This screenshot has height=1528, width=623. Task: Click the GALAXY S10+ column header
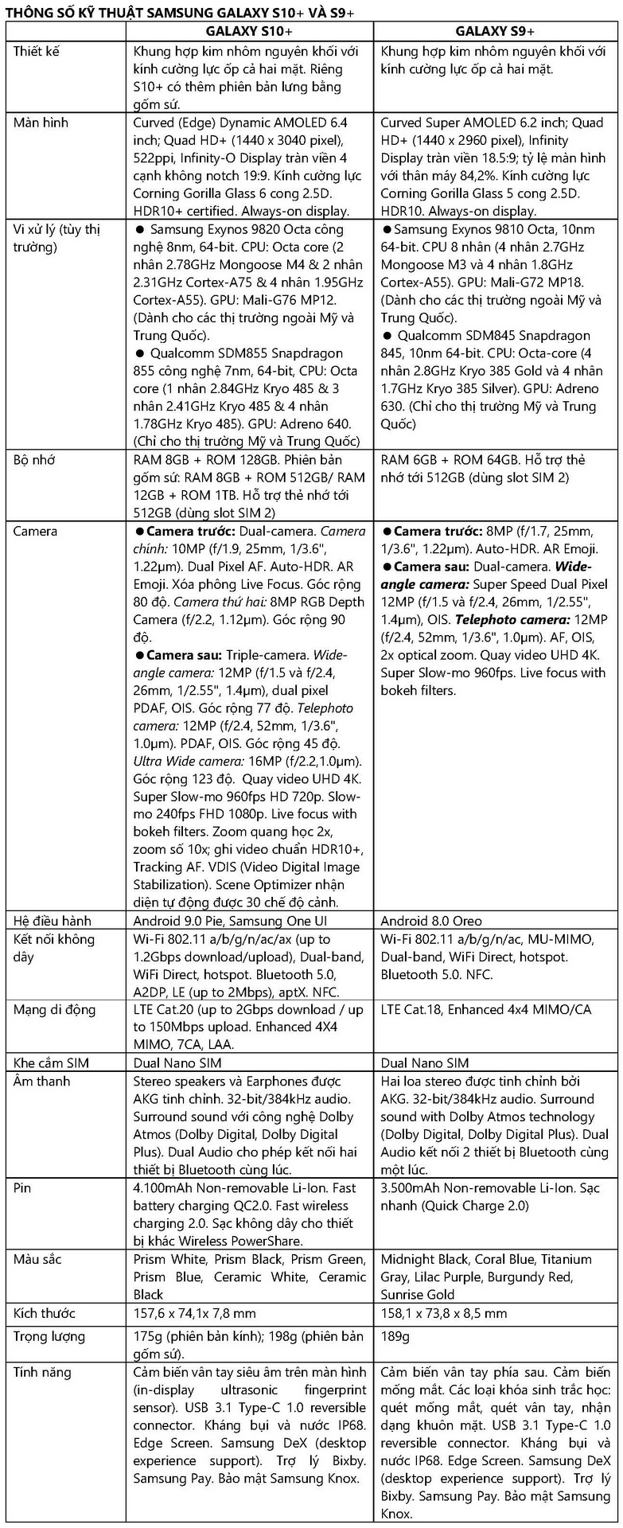point(249,31)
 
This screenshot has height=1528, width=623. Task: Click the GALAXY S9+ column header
point(495,31)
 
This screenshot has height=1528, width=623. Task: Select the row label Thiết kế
point(37,52)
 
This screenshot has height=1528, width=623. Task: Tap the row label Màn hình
point(41,123)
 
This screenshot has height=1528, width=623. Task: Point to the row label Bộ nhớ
point(34,460)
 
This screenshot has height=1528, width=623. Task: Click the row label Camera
point(35,531)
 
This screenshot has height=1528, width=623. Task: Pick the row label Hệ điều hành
point(53,921)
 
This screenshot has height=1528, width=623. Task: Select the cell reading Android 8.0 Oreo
point(431,921)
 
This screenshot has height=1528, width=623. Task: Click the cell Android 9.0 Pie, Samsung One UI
point(230,921)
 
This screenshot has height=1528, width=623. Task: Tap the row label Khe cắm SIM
point(52,1063)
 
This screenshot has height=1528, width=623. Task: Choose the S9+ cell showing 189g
point(395,1336)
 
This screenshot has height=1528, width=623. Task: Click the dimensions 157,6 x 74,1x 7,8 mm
point(195,1313)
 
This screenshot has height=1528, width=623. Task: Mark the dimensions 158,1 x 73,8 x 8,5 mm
point(444,1313)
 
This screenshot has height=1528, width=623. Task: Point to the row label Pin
point(22,1188)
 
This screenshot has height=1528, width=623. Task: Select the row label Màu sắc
point(37,1259)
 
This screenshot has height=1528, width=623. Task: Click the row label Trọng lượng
point(49,1336)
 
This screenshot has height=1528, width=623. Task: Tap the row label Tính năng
point(42,1373)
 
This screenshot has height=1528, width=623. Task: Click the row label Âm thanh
point(42,1082)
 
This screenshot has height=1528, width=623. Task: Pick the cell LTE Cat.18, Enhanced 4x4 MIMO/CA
point(486,1010)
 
